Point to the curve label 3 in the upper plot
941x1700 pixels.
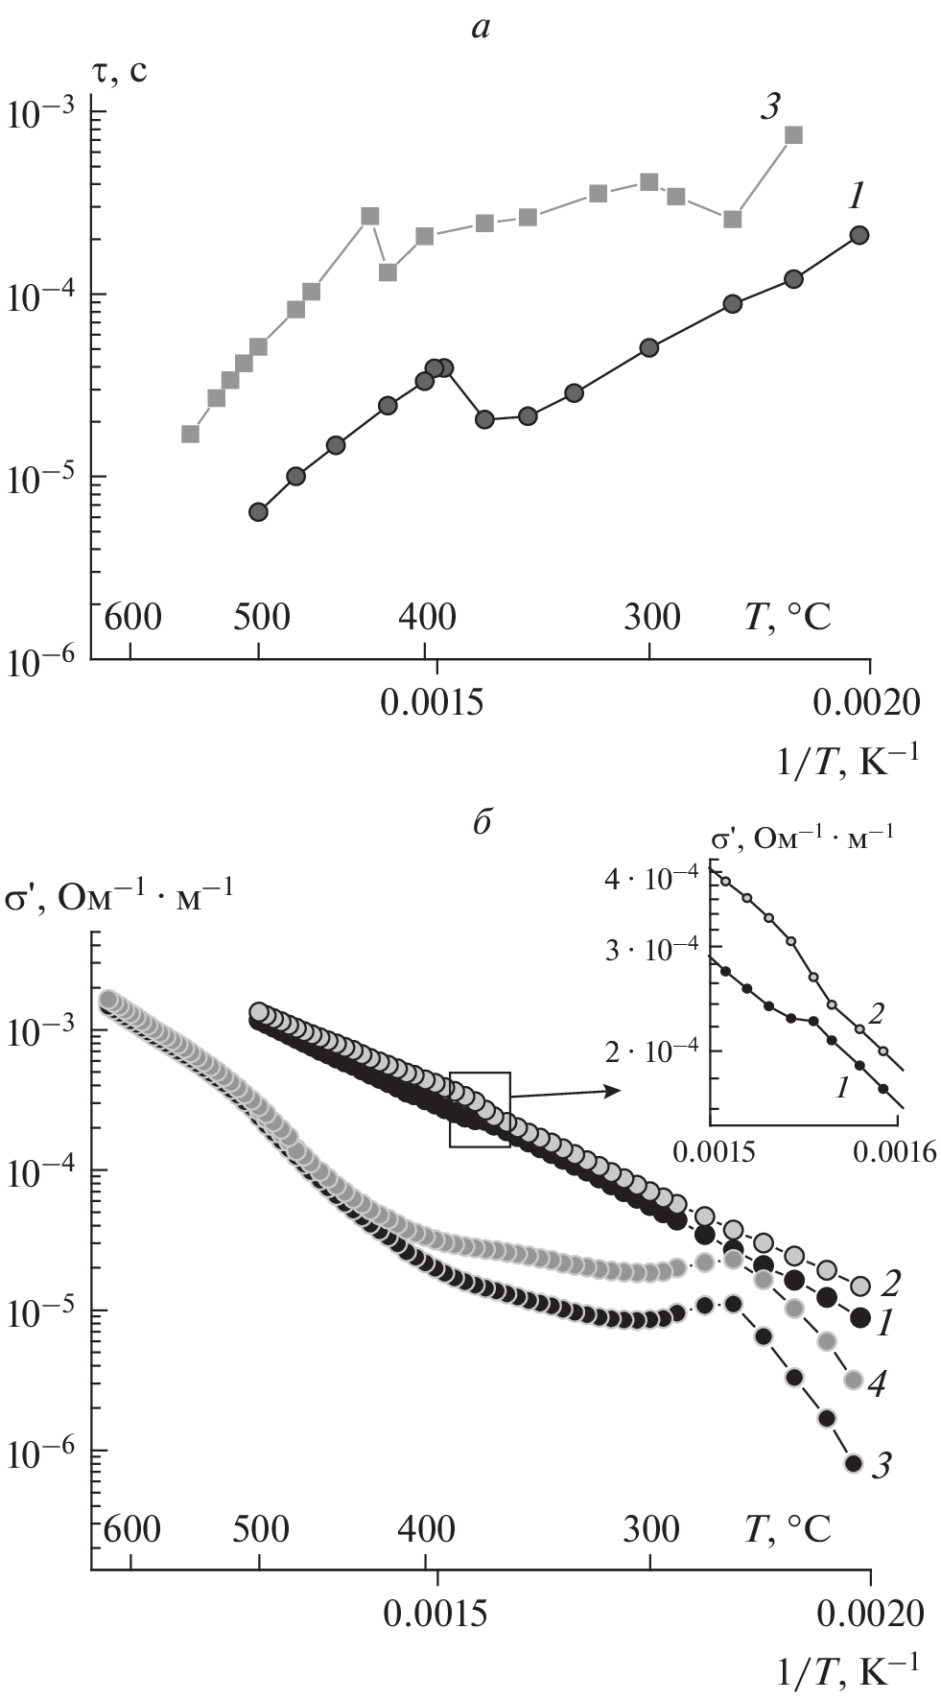pos(769,107)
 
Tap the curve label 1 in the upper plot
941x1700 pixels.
pos(856,197)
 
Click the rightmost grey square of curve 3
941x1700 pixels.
pos(793,135)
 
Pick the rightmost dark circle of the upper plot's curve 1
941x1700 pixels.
pos(859,235)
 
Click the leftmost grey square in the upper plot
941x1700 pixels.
pos(190,434)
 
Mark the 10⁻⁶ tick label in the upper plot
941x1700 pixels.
pos(43,661)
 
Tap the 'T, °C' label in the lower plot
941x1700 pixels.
pos(788,1527)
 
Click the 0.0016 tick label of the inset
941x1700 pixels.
pos(897,1151)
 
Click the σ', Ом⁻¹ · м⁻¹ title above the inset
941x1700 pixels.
pos(803,837)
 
